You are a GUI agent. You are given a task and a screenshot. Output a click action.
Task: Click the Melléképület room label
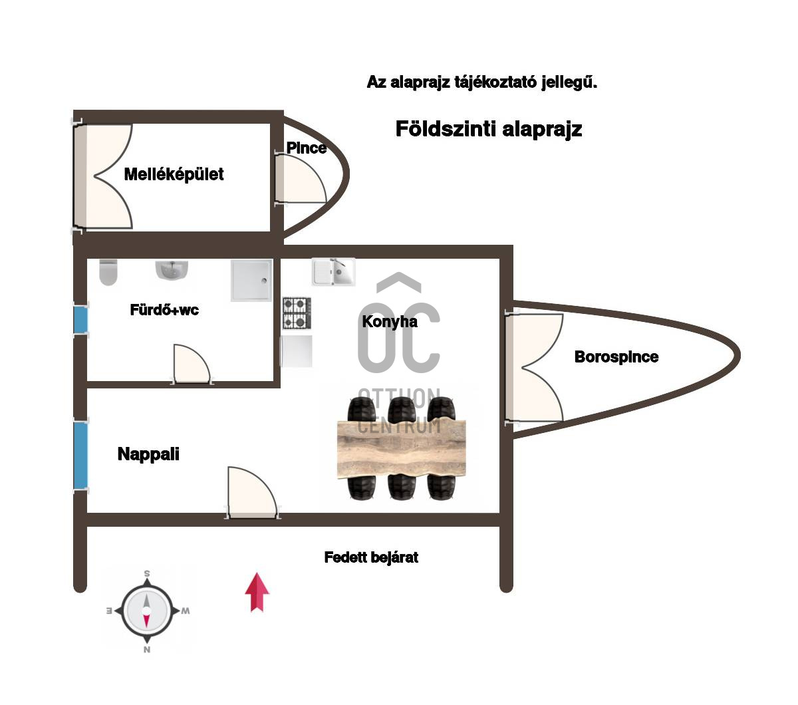tap(174, 174)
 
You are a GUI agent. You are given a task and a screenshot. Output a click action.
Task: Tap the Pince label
tap(306, 148)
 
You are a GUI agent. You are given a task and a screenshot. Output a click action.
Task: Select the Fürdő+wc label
tap(164, 310)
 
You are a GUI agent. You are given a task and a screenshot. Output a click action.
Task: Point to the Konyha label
tap(390, 322)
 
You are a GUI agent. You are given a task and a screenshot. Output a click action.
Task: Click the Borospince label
tap(616, 357)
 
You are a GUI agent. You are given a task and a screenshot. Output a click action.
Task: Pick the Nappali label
tap(148, 454)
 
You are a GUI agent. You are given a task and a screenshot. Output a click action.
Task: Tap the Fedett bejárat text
tap(371, 557)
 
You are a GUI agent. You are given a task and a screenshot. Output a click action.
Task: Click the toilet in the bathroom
tap(108, 271)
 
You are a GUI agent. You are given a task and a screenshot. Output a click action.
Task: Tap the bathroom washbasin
tap(172, 270)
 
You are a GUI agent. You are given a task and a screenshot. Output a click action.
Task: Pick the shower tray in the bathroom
tap(251, 279)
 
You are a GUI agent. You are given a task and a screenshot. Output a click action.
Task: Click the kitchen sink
tap(334, 272)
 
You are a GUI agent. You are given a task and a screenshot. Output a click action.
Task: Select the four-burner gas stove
tap(297, 313)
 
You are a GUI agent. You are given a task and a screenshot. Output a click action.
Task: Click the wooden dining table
tap(402, 449)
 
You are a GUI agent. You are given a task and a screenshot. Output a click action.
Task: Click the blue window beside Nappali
tap(80, 456)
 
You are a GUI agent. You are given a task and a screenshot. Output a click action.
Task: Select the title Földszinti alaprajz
tap(488, 129)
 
